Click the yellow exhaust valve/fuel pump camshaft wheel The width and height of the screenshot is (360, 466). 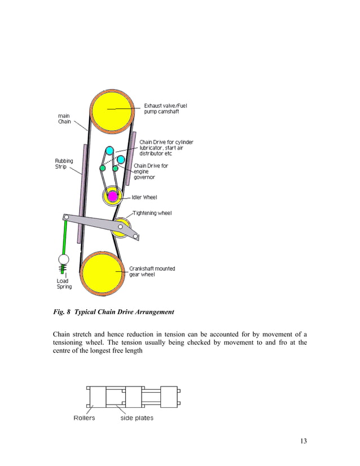(111, 112)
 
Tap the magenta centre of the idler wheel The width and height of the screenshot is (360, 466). (112, 196)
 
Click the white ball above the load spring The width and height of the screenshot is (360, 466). (64, 260)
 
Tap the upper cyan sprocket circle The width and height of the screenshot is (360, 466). (109, 152)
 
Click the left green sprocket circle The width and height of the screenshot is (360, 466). (103, 168)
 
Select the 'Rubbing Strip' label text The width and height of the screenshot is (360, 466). (64, 164)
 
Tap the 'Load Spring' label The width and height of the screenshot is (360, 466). (64, 283)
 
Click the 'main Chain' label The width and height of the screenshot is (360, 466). (65, 118)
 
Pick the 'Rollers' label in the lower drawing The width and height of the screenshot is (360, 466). (84, 418)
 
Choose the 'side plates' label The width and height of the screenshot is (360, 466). (137, 418)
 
